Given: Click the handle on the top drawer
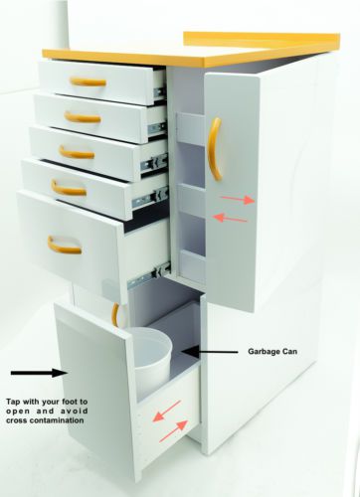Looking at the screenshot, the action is [x=88, y=83].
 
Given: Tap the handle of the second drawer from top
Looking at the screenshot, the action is [x=83, y=118].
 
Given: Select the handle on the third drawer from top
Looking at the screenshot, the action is [x=77, y=154].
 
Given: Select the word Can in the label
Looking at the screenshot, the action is [x=288, y=351].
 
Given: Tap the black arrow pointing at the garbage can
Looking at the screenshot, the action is [x=210, y=351].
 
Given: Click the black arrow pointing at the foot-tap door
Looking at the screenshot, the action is [x=40, y=373].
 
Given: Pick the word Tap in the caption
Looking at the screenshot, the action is [x=13, y=402].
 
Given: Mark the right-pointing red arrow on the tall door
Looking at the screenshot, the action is [x=238, y=200].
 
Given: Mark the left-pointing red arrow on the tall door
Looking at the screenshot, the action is [x=231, y=218].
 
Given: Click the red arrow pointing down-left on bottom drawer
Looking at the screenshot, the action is [x=166, y=412].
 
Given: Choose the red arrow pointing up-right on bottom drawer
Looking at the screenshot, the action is [x=174, y=431].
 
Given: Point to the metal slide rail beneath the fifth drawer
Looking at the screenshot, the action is [x=149, y=274].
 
